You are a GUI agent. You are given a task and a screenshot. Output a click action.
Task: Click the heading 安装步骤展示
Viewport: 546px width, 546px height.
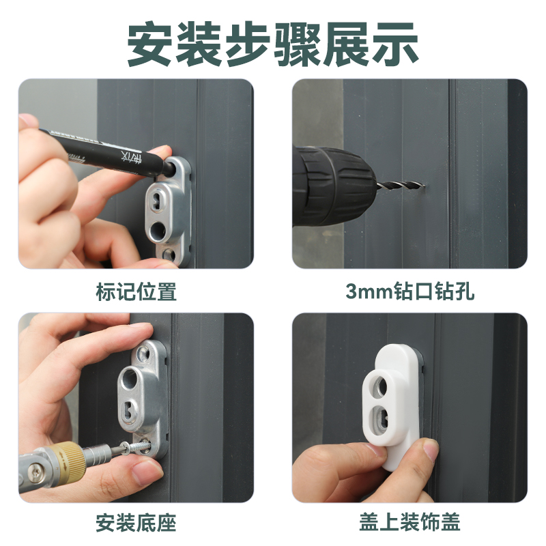pos(273,42)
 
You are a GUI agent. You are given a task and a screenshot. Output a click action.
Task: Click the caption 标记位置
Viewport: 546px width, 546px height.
pos(136,292)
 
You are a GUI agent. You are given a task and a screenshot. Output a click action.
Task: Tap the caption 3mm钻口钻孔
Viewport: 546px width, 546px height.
pos(409,292)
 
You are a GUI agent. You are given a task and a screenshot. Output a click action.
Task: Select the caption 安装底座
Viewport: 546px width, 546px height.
pos(136,523)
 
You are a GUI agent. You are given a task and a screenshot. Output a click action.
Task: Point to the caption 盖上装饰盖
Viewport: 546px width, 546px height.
pos(409,523)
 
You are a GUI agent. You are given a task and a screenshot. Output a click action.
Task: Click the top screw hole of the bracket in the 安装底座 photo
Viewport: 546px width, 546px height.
pos(145,354)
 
